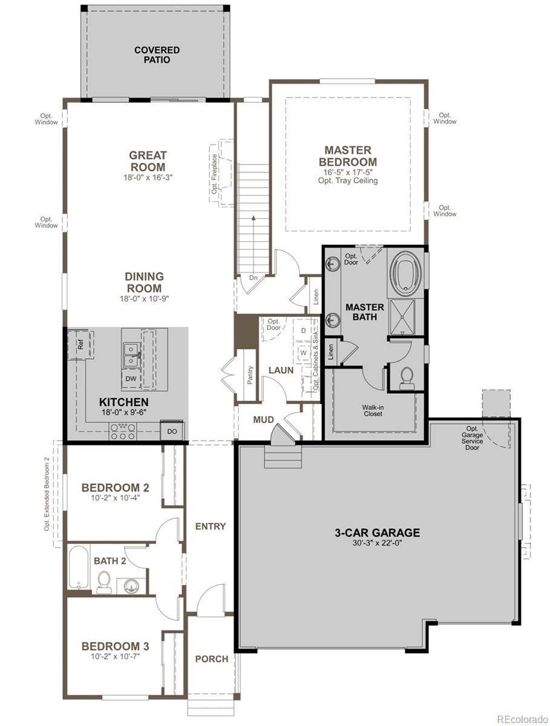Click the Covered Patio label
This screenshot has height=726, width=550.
coord(157,55)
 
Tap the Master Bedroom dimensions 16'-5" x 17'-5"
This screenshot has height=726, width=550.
coord(347,172)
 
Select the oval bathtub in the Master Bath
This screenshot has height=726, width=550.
coord(406,273)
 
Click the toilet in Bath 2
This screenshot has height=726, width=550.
coord(104,582)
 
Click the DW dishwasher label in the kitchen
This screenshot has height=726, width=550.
coord(131,379)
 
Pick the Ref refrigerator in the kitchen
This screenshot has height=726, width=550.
coord(81,344)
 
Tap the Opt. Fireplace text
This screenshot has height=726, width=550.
coord(215,174)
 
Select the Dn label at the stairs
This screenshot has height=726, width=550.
coord(254,278)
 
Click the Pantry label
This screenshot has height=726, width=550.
coord(250,374)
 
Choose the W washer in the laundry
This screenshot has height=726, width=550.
coord(303,353)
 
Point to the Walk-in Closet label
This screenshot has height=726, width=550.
coord(373,411)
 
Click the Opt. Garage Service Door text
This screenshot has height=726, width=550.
coord(472,438)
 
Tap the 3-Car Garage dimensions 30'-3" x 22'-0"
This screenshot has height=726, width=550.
coord(377,543)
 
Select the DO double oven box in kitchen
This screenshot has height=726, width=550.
coord(172,431)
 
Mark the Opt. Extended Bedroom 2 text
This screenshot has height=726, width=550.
coord(47,494)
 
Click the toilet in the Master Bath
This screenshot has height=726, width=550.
coord(406,378)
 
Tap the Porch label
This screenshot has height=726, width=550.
coord(212,659)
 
